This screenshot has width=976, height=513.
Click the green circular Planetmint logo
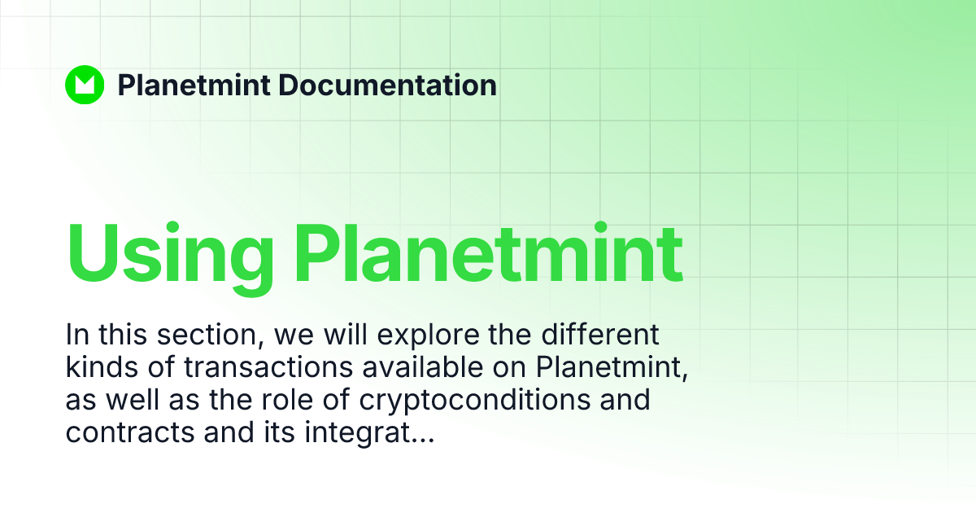point(85,85)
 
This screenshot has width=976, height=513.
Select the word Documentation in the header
point(386,85)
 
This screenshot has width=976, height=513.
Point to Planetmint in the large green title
point(488,251)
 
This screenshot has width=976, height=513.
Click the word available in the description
point(422,368)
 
